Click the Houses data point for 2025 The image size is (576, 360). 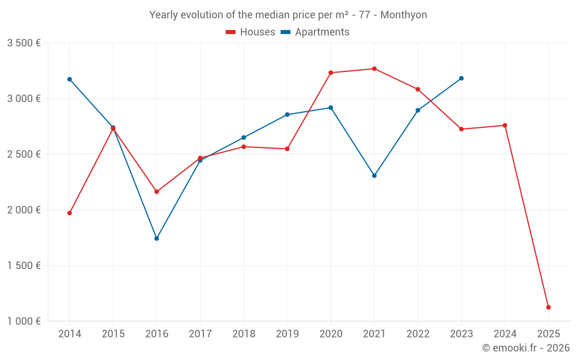pos(548,308)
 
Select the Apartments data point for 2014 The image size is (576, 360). pos(70,79)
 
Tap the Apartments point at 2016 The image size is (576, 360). pos(157,238)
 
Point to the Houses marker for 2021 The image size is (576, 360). pos(374,69)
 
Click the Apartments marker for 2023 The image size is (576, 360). pos(461,78)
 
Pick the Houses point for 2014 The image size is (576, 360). pos(70,213)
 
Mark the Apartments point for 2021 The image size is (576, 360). pos(374,176)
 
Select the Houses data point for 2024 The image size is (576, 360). pos(505,126)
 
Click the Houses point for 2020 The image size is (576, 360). pos(331,73)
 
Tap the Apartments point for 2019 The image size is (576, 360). pos(287,115)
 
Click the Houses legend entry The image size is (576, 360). pos(251,32)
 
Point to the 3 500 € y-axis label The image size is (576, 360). pos(24,43)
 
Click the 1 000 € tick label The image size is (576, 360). pos(24,321)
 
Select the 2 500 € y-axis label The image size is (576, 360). pos(24,154)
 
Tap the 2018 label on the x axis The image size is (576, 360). pos(244,334)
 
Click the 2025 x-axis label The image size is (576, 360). pos(548,334)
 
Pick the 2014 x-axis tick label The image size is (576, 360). pos(70,334)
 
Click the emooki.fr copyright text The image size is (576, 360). pos(526,348)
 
